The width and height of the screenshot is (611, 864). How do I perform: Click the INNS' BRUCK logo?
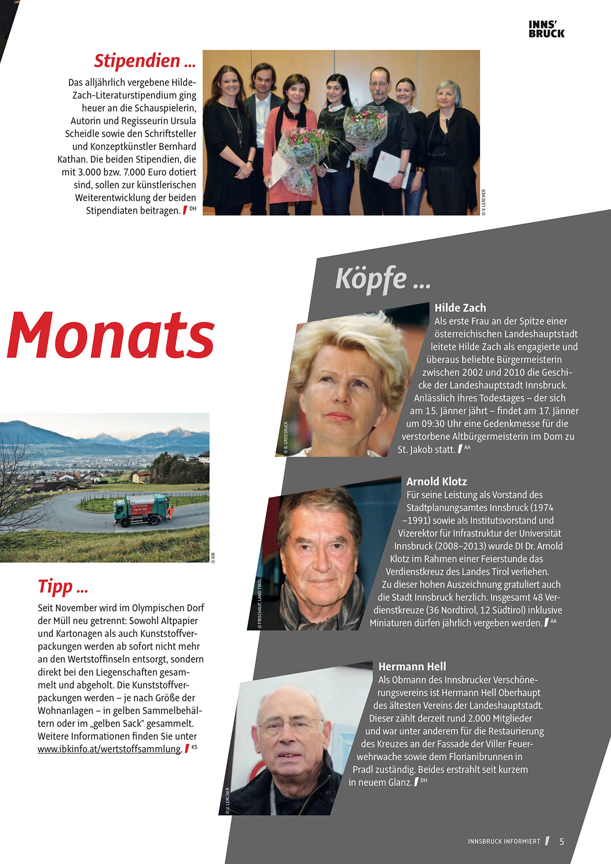pos(546,29)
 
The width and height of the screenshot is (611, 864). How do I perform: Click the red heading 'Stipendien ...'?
pos(145,61)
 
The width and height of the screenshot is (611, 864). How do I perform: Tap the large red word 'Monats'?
pos(110,335)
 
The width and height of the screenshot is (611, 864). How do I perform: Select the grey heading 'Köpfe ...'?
pos(383,279)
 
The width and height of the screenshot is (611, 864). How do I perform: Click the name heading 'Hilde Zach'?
pos(460,308)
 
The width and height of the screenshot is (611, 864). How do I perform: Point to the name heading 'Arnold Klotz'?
pos(436,482)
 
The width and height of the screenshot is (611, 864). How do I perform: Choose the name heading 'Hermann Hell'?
pos(412,666)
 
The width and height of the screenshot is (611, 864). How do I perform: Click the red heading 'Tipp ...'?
pos(63,587)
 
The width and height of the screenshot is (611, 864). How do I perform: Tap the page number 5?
pos(562,841)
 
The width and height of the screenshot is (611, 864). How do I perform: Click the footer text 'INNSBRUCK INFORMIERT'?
pos(504,841)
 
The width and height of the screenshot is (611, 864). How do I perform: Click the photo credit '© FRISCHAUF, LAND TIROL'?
pos(260,603)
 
